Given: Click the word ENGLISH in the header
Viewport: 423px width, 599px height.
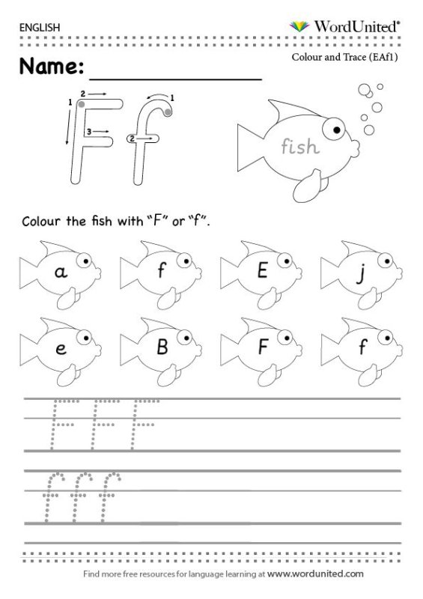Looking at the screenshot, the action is [40, 28].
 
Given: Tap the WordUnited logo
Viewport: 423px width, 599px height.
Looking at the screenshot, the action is [344, 26].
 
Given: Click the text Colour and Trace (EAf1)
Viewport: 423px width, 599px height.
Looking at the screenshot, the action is [344, 57].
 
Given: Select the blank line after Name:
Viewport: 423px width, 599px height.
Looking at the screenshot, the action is [176, 79].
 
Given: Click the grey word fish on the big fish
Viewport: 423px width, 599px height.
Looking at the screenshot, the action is [300, 146].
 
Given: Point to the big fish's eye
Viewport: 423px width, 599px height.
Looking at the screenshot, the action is [334, 129].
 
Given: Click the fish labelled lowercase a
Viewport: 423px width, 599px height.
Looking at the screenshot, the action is [61, 274].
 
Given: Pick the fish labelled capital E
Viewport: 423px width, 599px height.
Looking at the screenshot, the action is [261, 274].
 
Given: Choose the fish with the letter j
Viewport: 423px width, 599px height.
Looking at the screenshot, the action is [362, 274].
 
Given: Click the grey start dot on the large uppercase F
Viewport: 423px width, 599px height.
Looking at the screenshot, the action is [82, 104].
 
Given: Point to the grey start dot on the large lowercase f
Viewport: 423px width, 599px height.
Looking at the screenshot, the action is [168, 112].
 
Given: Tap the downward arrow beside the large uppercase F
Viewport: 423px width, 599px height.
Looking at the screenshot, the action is [69, 126].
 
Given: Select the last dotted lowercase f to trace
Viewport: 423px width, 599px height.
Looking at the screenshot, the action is [109, 496].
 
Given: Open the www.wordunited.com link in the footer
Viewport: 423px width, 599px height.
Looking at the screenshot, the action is [315, 574].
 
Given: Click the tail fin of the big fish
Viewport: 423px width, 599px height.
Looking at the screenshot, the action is [251, 148].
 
